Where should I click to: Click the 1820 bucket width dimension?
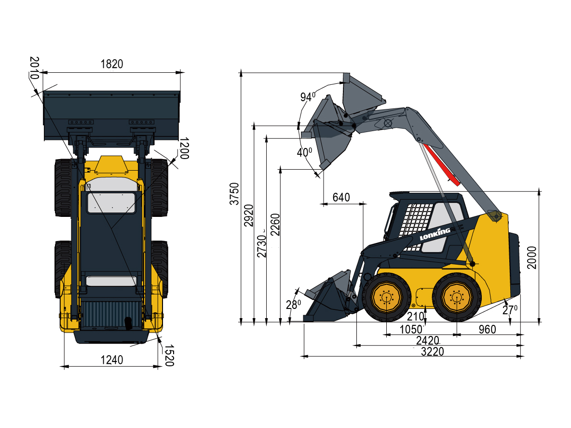(112, 64)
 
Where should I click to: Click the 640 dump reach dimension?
(341, 198)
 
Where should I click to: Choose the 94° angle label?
(307, 97)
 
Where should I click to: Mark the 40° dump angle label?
(304, 153)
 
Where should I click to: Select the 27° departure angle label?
(510, 310)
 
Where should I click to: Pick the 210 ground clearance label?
(415, 317)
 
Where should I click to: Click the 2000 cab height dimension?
(532, 258)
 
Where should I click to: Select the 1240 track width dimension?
(111, 360)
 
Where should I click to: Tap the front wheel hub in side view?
(386, 297)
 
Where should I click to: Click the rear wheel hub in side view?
(456, 297)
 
